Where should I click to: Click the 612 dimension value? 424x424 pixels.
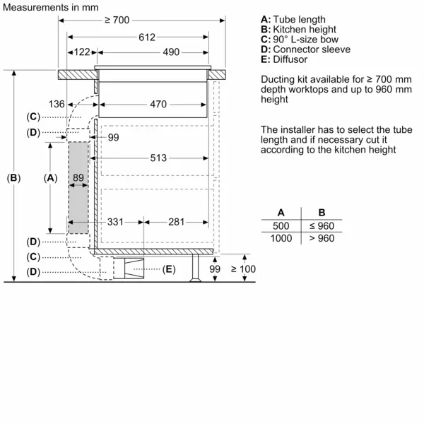pos(146,37)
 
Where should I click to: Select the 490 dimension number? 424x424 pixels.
pos(171,52)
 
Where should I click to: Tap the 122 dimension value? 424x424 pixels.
pos(82,52)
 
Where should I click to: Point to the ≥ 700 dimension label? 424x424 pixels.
pos(117,20)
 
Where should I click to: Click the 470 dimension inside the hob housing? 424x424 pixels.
pos(158,105)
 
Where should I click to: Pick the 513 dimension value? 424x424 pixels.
pos(158,158)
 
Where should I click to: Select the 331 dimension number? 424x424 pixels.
pos(115,222)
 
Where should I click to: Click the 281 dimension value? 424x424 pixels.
pos(177,222)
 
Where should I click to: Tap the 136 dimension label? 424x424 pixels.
pos(57,105)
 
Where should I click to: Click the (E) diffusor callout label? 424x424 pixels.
pos(168,269)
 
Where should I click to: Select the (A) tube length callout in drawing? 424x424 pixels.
pos(50,178)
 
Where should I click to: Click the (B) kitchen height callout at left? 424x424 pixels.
pos(14,178)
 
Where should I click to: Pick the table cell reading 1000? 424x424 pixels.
pos(281,238)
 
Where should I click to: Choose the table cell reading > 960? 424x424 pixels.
pos(322,238)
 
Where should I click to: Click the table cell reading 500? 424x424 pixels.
pos(281,225)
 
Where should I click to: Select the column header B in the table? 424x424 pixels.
pos(322,212)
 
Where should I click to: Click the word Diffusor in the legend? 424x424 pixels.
pos(288,59)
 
